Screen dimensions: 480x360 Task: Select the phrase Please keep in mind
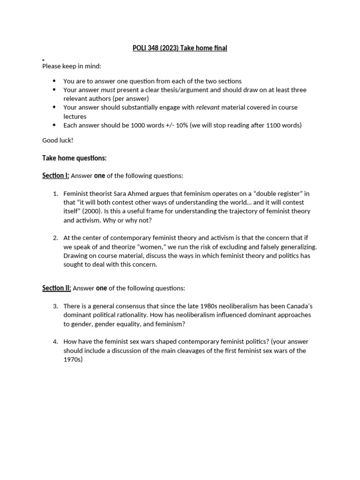(x=72, y=66)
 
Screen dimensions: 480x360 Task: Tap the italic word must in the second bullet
(x=108, y=90)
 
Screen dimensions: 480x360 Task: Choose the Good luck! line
(x=58, y=140)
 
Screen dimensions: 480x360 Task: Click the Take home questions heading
(x=75, y=158)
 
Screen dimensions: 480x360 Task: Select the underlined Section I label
(x=56, y=176)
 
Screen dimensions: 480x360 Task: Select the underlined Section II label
(x=57, y=288)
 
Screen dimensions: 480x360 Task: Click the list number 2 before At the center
(x=55, y=238)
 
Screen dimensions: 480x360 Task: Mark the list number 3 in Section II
(x=55, y=306)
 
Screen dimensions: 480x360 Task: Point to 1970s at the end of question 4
(x=73, y=360)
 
